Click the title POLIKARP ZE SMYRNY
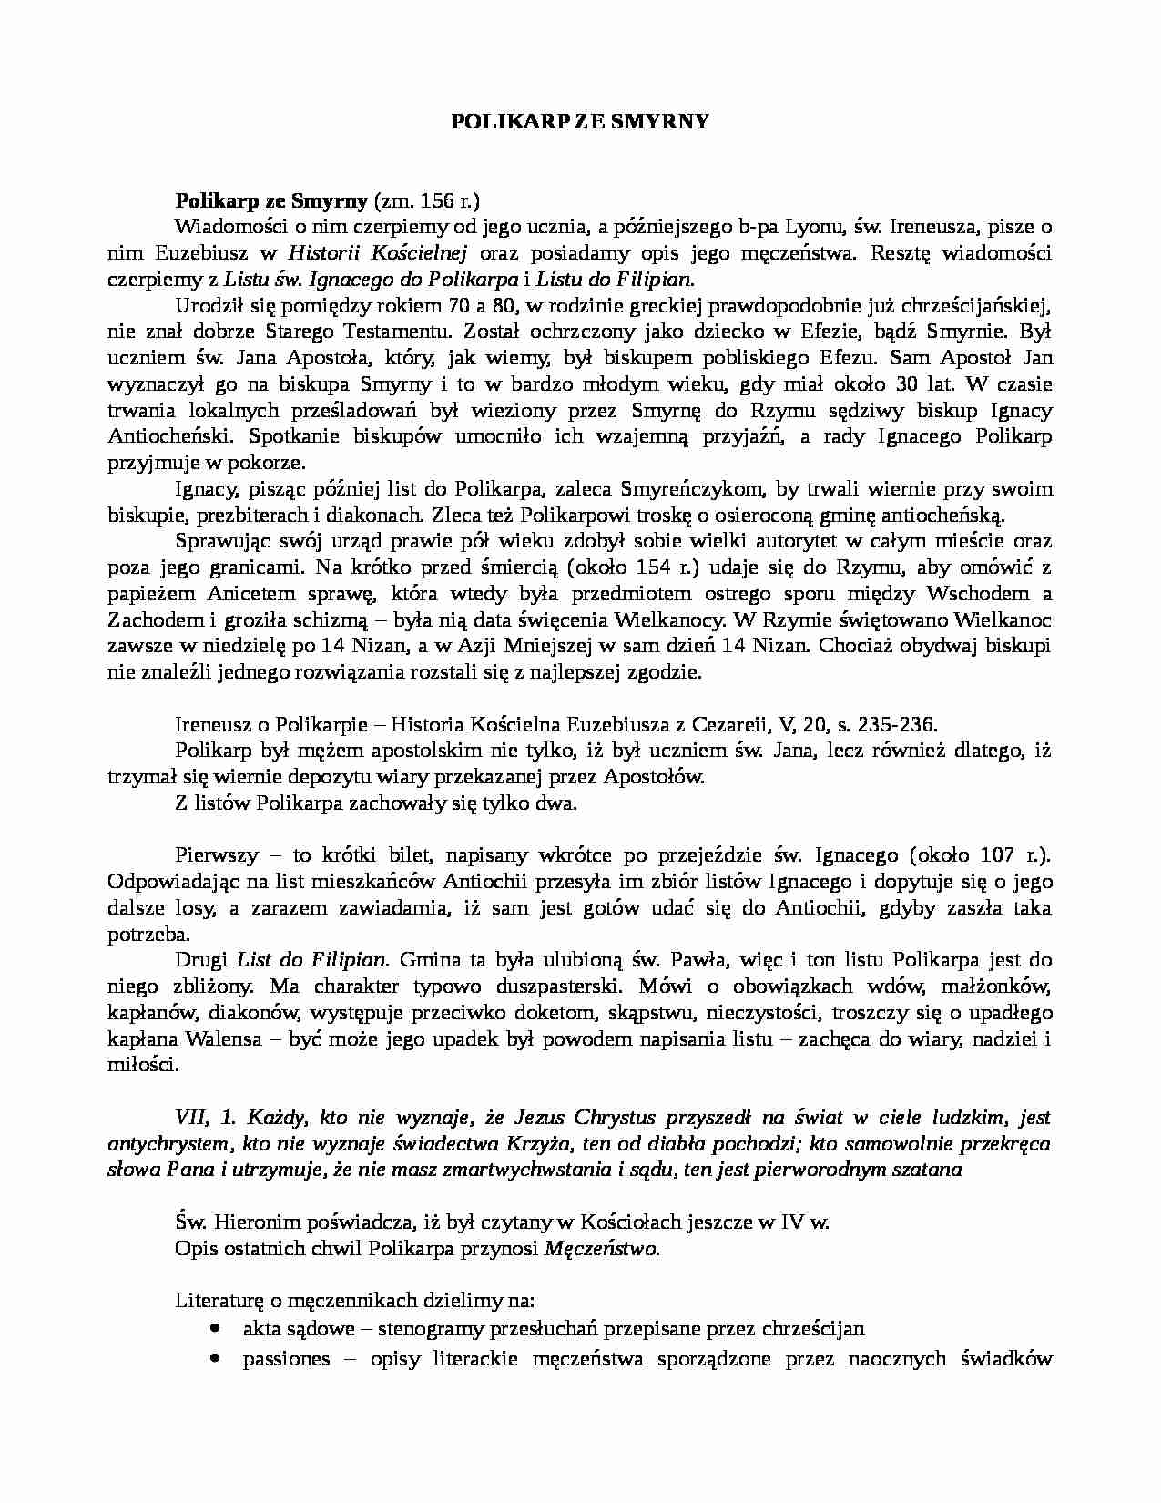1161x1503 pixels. point(580,120)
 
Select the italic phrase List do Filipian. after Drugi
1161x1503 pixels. point(312,960)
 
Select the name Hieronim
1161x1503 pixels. point(256,1223)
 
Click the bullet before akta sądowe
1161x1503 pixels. point(215,1328)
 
